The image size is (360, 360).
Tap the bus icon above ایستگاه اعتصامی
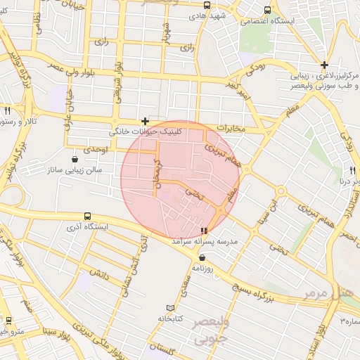(266, 10)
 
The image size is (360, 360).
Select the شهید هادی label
(210, 15)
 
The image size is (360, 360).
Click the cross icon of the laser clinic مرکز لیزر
(323, 64)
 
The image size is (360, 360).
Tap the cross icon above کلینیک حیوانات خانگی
(145, 121)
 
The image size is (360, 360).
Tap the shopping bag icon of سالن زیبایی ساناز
(75, 160)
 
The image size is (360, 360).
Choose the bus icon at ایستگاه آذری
(87, 216)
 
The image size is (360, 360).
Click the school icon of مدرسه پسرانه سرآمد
(204, 231)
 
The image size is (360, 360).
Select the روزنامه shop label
(202, 269)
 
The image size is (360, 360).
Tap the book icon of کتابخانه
(169, 308)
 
